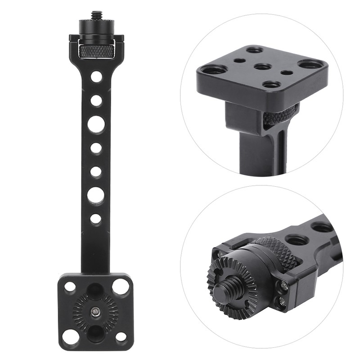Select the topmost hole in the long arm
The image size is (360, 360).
96,76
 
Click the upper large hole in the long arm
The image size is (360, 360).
96,124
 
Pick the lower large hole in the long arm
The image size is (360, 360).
95,195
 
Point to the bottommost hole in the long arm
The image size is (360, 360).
95,219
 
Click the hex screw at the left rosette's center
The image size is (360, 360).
95,310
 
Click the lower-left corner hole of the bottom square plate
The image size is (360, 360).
69,336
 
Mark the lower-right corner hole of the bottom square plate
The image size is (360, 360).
121,336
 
